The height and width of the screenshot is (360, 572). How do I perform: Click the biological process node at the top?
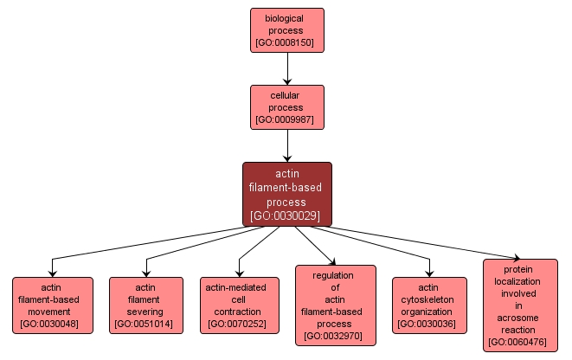point(286,29)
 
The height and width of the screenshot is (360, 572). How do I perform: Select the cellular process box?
point(286,106)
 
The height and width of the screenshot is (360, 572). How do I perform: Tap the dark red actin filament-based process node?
point(286,194)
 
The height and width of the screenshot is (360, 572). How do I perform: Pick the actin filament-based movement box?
point(52,305)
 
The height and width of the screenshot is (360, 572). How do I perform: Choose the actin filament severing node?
point(146,305)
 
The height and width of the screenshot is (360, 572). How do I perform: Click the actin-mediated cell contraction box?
point(238,305)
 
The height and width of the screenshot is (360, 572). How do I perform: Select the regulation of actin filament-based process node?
point(335,305)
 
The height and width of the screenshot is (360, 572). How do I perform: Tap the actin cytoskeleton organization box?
point(428,305)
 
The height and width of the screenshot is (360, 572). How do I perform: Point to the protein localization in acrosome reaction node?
point(519,305)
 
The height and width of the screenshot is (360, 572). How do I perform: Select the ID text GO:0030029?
point(286,215)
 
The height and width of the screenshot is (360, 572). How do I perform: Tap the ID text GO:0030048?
point(52,325)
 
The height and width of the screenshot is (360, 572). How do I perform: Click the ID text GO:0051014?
point(146,325)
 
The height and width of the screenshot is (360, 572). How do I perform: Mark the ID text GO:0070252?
point(238,325)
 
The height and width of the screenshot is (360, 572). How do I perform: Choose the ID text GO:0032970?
point(335,337)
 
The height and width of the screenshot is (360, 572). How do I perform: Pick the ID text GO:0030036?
point(428,325)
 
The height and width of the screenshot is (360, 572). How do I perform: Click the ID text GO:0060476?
point(519,343)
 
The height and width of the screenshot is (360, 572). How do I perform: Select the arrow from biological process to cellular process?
point(286,67)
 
